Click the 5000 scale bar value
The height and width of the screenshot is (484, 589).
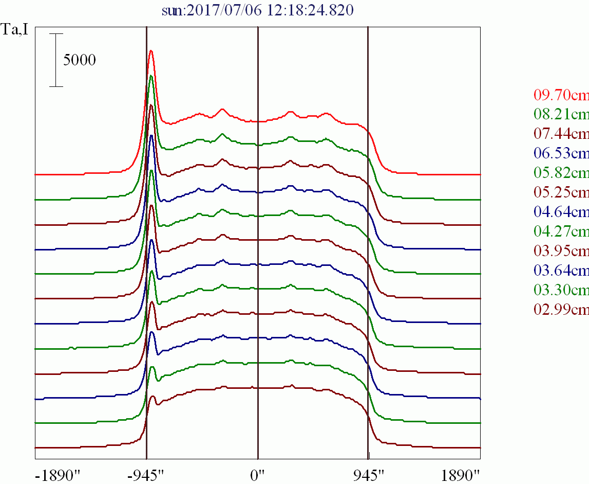click(x=80, y=60)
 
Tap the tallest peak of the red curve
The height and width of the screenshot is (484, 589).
click(x=151, y=50)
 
